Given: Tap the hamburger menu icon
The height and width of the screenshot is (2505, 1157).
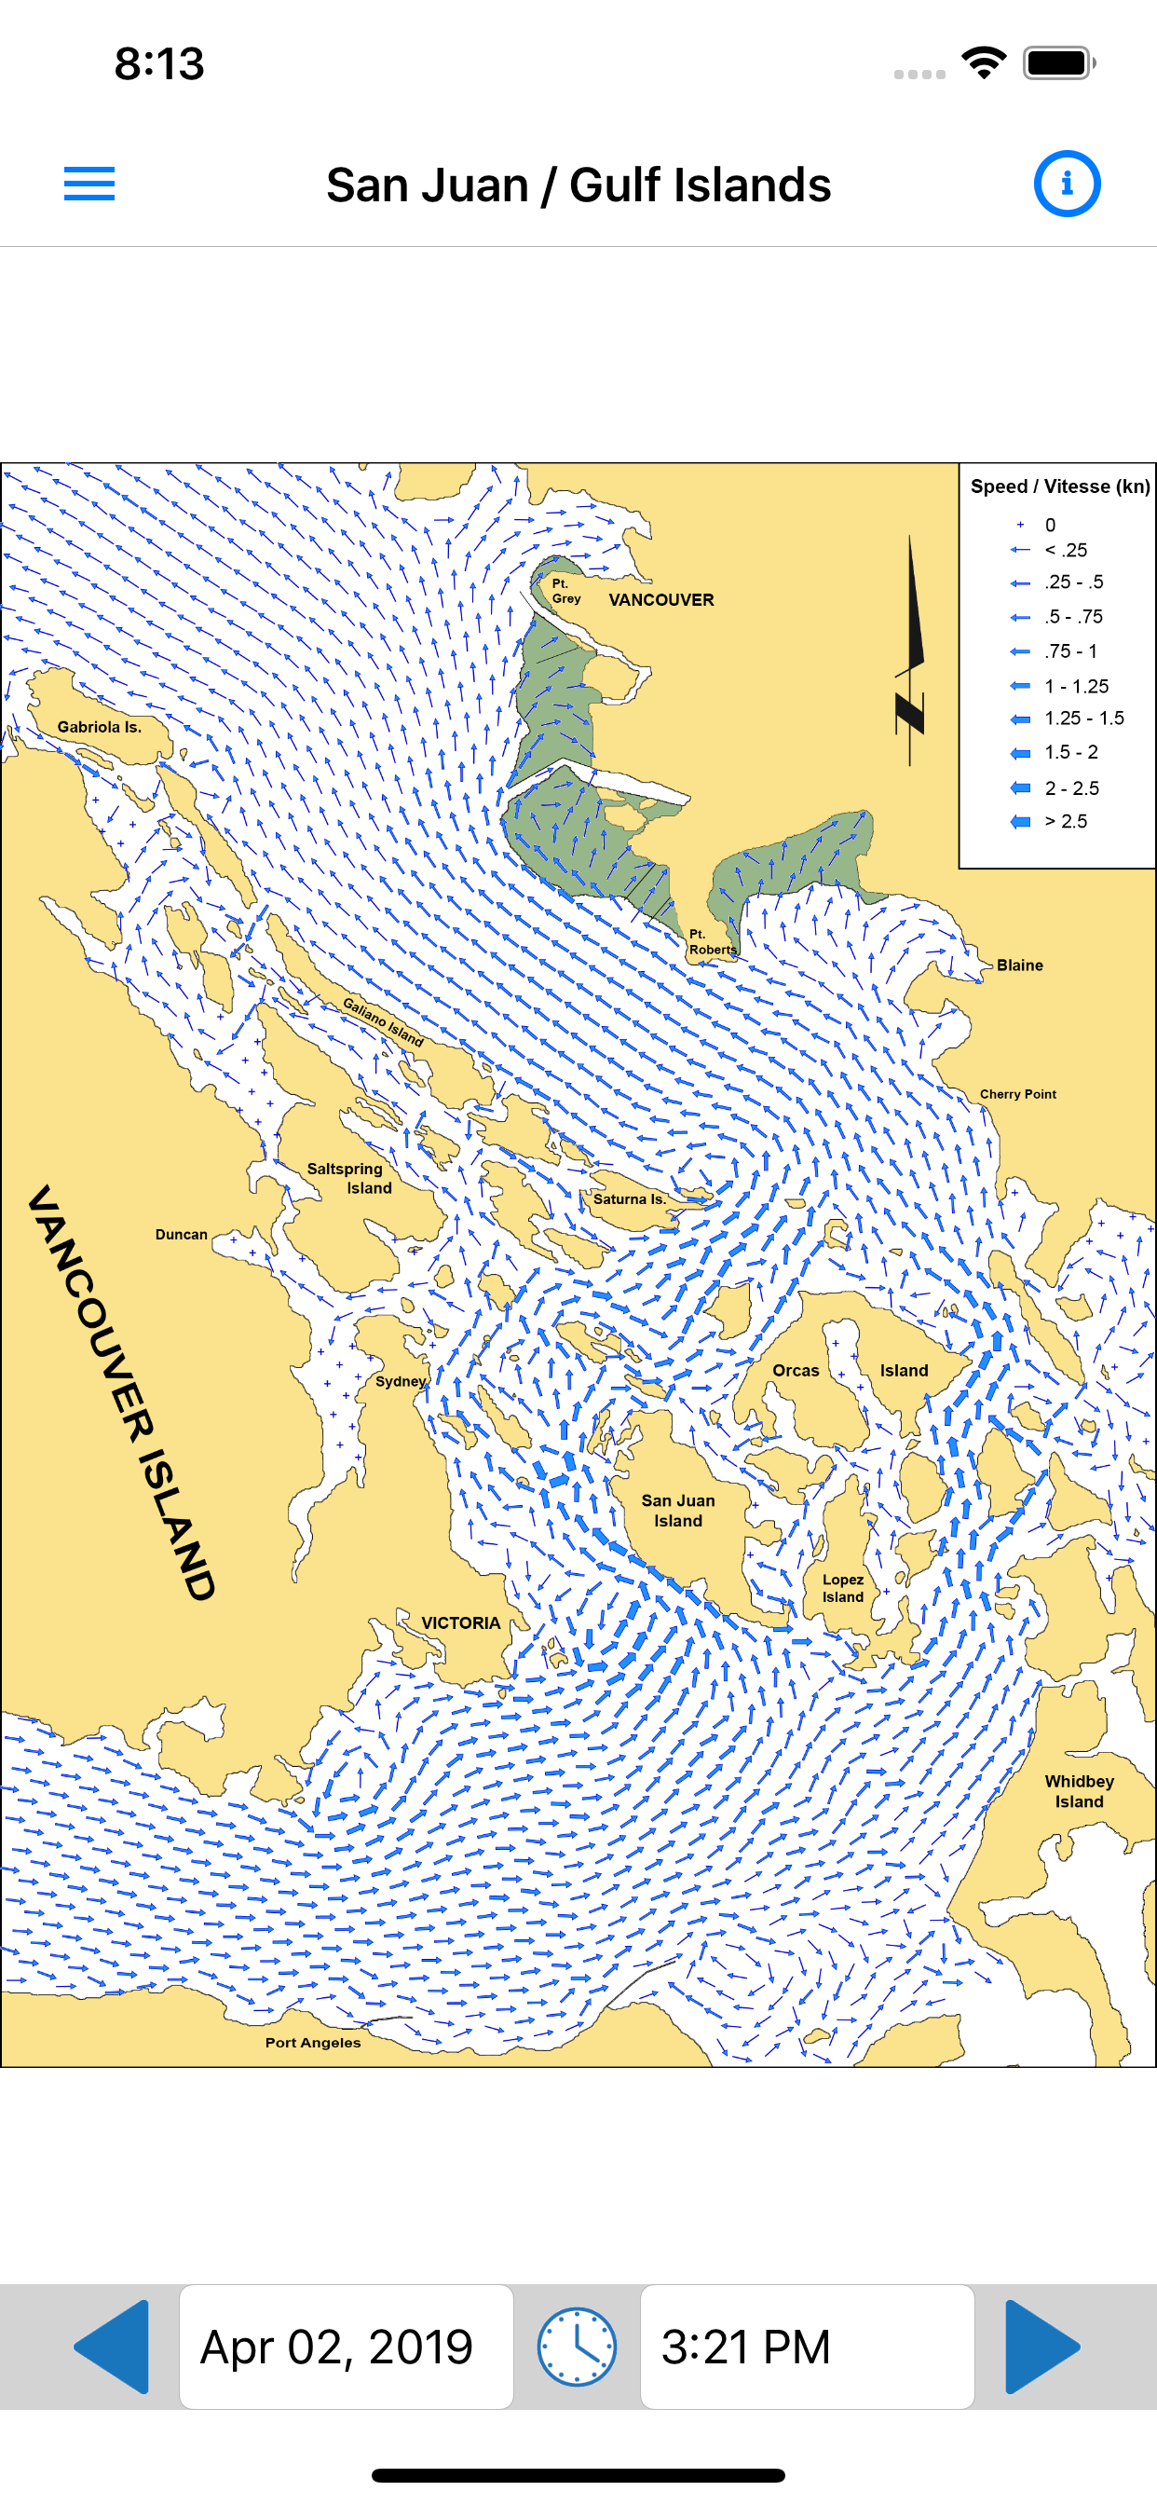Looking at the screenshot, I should click(89, 184).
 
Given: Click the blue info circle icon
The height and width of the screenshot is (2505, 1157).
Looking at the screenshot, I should click(1067, 184).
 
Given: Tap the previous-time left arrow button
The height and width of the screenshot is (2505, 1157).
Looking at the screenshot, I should click(112, 2346).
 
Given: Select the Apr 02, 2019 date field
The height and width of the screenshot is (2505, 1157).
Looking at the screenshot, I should click(347, 2346).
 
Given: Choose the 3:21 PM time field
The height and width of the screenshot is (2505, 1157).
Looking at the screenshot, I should click(806, 2346).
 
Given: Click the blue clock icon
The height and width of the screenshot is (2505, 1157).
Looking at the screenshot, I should click(577, 2346).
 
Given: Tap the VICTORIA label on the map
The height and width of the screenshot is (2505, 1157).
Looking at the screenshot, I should click(461, 1623).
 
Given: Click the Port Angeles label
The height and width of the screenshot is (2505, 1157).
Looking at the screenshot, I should click(313, 2042).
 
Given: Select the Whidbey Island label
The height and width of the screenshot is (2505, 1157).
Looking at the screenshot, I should click(1080, 1791).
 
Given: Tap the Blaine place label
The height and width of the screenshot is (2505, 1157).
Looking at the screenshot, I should click(1019, 965).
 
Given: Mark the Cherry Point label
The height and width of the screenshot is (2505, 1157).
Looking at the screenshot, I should click(1017, 1094).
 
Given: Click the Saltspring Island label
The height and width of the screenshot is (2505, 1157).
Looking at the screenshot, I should click(348, 1178).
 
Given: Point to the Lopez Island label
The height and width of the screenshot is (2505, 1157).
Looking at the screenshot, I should click(842, 1588).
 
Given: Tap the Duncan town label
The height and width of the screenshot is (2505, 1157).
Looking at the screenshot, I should click(182, 1234).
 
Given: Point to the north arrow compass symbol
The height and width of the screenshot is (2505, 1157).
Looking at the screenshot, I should click(910, 651).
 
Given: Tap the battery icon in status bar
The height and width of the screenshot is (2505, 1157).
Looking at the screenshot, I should click(1058, 63).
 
